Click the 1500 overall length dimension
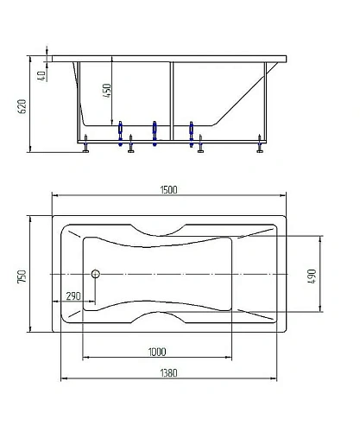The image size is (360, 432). coord(168,190)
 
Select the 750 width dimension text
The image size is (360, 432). coord(22,276)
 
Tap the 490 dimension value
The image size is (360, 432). coord(312,276)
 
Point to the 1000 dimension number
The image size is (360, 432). coord(157,352)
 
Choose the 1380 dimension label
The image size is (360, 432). coord(168,373)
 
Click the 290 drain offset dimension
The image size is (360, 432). coord(73,296)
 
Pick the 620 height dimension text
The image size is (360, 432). coord(22,106)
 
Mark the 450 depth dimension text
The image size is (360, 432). coord(107,91)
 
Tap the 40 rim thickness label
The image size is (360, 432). coord(41,76)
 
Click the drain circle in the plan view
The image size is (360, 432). coord(96,274)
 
